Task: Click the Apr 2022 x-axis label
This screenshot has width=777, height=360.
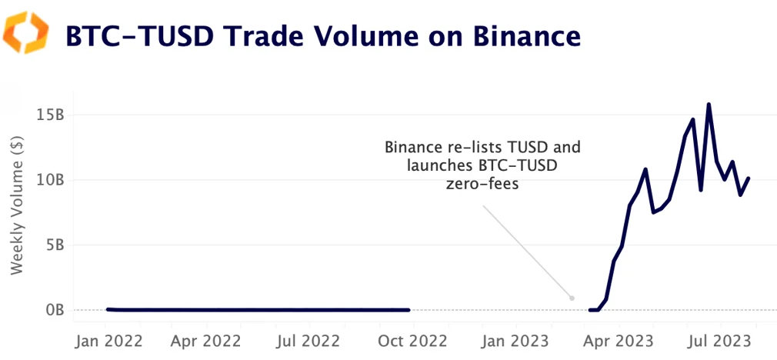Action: point(207,339)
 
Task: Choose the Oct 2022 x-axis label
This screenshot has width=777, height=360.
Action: point(409,339)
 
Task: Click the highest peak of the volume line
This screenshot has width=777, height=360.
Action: point(709,104)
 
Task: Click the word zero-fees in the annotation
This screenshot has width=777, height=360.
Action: point(482,184)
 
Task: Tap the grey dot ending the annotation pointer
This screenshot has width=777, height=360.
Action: point(572,298)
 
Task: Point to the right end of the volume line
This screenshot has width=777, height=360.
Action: point(749,178)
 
